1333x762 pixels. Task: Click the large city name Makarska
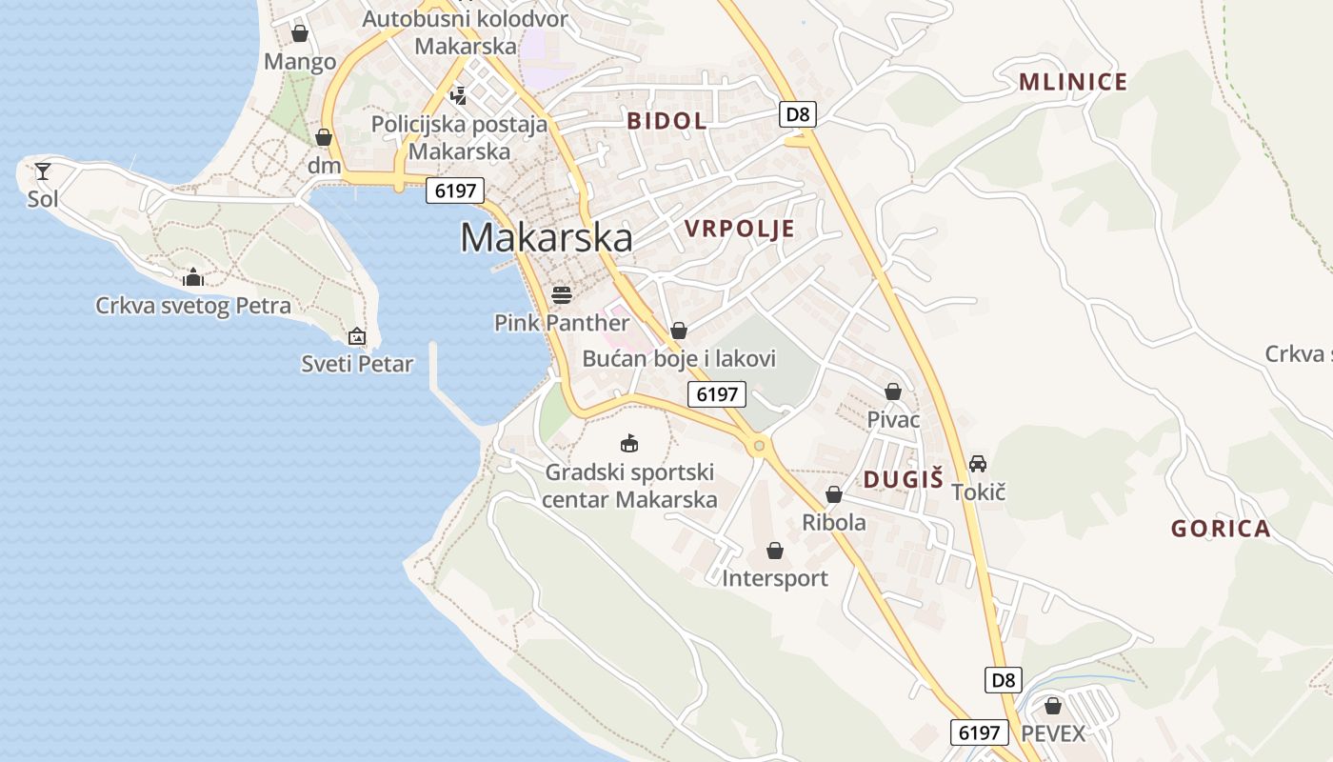coord(546,237)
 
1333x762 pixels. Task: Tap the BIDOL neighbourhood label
coord(666,120)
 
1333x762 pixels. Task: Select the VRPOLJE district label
coord(739,229)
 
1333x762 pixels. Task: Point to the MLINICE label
coord(1073,82)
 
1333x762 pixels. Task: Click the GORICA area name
coord(1221,529)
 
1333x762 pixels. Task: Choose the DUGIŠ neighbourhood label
coord(903,479)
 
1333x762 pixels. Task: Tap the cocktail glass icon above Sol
coord(43,171)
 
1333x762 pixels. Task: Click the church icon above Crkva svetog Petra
coord(193,277)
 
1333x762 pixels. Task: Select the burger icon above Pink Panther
coord(562,294)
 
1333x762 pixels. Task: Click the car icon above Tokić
coord(978,464)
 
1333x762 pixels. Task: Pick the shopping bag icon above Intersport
coord(775,551)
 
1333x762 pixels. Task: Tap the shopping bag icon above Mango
coord(300,33)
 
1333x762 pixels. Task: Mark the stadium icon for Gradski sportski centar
coord(628,443)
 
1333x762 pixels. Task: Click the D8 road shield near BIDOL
coord(798,114)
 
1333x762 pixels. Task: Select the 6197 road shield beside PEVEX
coord(980,732)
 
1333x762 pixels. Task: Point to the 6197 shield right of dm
coord(455,190)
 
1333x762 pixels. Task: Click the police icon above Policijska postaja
coord(459,94)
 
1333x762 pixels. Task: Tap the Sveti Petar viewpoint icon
coord(357,336)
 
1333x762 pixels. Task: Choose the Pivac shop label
coord(893,419)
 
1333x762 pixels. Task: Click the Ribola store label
coord(834,522)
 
